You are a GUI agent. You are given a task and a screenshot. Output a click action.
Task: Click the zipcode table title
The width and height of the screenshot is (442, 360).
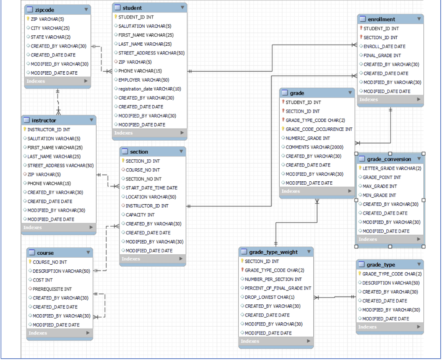45,9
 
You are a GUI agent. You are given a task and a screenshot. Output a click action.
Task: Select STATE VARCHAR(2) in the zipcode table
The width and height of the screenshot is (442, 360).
51,37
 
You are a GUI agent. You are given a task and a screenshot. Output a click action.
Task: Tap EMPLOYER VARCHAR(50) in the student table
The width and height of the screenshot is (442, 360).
143,80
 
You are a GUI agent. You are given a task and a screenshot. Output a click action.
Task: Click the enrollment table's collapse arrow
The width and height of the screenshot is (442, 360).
418,19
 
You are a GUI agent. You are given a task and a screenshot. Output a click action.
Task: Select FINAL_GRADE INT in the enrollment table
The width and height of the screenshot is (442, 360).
382,55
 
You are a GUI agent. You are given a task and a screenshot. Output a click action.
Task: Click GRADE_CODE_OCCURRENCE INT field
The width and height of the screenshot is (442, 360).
319,129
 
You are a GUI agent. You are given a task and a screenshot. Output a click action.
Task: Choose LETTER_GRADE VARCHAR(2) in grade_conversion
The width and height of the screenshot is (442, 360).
391,168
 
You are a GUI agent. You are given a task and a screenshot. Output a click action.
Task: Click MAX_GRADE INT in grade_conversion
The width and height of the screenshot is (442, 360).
379,186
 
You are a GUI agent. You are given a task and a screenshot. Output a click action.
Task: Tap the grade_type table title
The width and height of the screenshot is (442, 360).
380,265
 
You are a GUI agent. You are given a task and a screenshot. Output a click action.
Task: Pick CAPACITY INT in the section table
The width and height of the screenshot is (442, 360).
140,215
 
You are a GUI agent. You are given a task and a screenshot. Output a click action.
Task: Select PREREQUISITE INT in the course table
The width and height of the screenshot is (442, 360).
52,289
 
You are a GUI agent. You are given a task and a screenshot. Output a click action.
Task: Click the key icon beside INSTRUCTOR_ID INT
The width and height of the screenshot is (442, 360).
25,129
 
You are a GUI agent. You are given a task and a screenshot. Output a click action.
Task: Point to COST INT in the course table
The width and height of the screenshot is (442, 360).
43,280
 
